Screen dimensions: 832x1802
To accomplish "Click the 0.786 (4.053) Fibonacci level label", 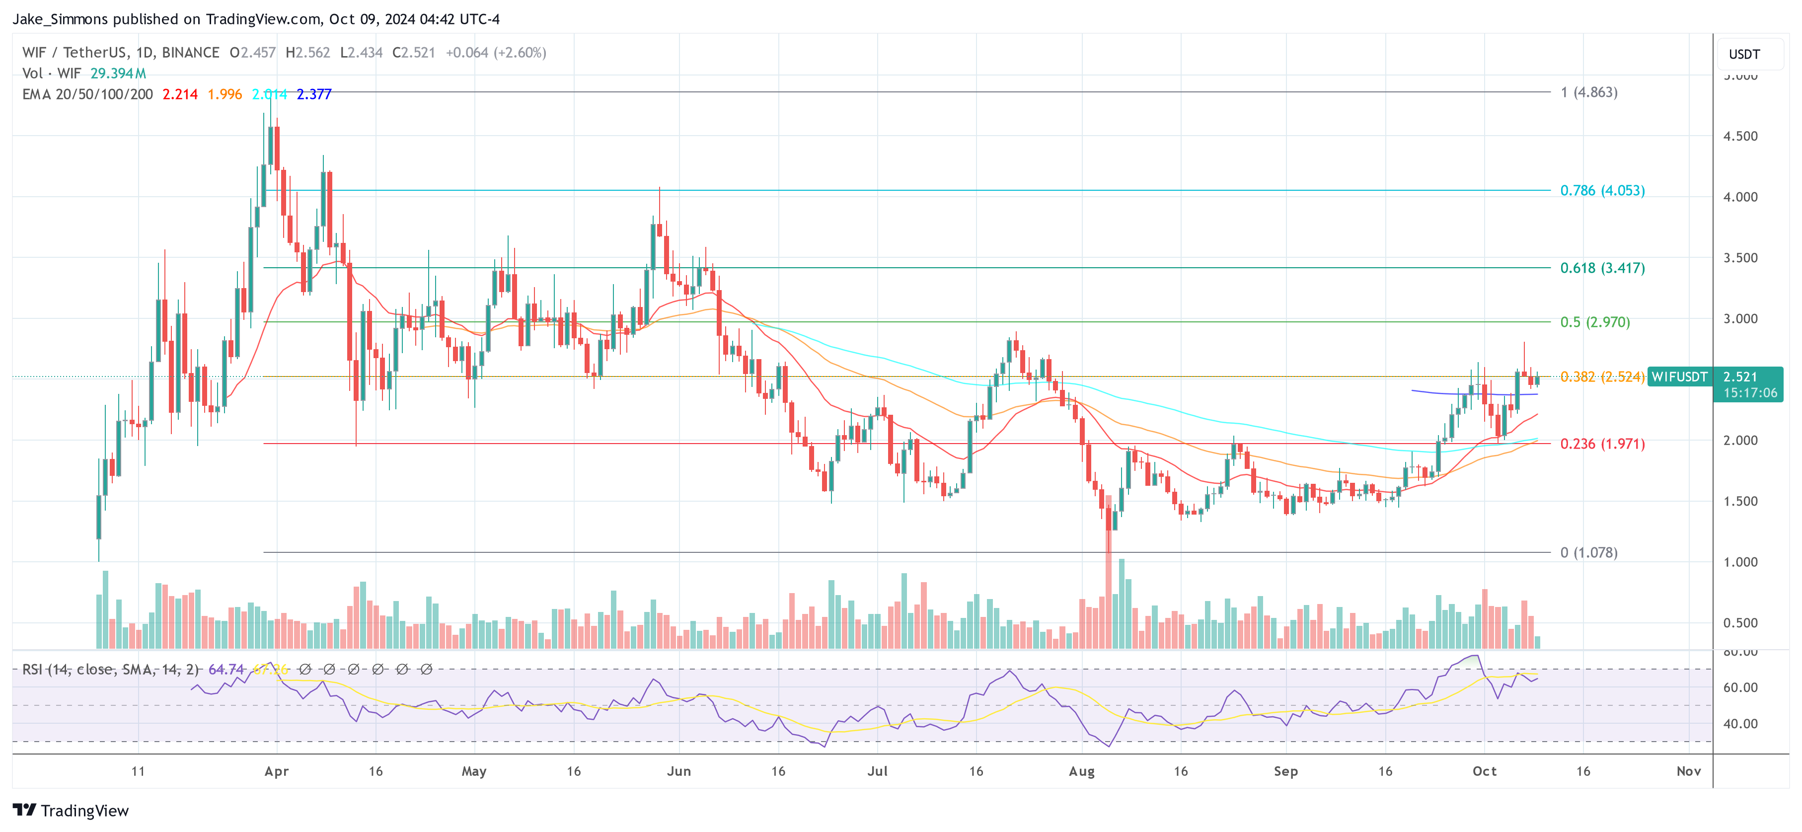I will point(1602,190).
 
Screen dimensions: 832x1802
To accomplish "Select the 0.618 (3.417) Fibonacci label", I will point(1602,268).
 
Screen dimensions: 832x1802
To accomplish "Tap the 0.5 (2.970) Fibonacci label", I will point(1594,322).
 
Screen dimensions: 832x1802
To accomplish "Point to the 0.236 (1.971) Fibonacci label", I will point(1602,444).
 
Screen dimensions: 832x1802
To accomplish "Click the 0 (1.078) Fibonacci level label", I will point(1588,552).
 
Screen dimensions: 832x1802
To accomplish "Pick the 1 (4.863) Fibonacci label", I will point(1588,92).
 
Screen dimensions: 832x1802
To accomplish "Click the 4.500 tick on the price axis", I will point(1740,136).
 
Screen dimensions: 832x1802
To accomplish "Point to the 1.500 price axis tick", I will point(1740,501).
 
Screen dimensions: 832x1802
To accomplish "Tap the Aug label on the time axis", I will point(1081,771).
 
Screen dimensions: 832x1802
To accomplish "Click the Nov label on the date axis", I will point(1688,771).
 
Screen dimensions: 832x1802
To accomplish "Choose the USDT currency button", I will point(1743,54).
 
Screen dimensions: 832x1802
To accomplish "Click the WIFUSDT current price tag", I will point(1679,377).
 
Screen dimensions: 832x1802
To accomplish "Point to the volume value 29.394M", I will point(118,74).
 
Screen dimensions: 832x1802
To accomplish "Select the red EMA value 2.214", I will point(180,94).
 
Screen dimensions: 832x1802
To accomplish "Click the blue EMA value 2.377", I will point(313,94).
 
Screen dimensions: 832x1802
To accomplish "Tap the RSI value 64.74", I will point(226,670).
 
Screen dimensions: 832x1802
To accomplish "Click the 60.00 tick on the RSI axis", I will point(1740,687).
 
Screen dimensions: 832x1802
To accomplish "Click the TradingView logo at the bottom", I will point(71,810).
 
